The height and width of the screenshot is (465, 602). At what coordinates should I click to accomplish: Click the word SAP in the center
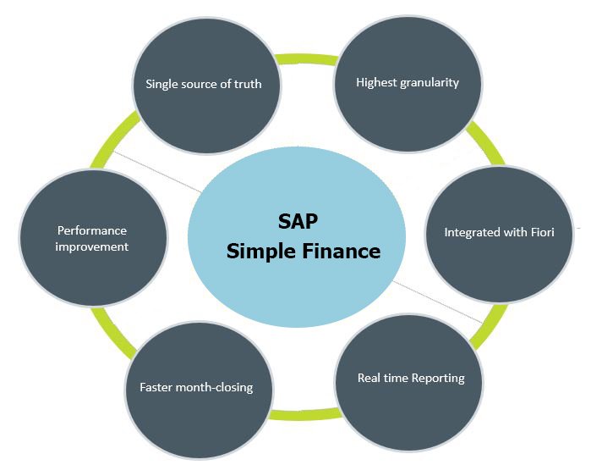click(x=298, y=221)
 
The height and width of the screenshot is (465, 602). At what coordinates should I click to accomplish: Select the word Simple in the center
click(x=261, y=252)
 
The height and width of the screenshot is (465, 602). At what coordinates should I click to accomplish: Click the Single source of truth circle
click(x=206, y=86)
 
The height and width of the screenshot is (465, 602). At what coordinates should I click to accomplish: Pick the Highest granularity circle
click(x=408, y=84)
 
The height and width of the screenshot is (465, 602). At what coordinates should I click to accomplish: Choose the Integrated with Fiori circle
click(x=499, y=235)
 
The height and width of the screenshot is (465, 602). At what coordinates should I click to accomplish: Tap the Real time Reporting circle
click(x=409, y=382)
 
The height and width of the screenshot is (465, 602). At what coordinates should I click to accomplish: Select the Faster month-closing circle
click(x=199, y=390)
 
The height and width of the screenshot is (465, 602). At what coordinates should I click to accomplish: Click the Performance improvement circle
click(x=93, y=238)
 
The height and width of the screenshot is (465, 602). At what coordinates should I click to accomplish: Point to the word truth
click(x=248, y=84)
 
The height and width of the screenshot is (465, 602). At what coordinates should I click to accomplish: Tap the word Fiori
click(x=543, y=232)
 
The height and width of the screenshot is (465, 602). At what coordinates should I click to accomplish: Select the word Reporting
click(x=439, y=379)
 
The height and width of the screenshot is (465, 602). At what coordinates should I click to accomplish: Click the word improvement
click(x=92, y=246)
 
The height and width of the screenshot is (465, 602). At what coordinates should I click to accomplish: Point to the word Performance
click(x=92, y=230)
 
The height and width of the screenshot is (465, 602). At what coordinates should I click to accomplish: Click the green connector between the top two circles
click(x=306, y=59)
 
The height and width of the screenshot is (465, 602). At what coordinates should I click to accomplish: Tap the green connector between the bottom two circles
click(x=305, y=414)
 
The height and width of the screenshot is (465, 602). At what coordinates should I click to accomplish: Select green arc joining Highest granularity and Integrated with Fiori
click(x=486, y=142)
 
